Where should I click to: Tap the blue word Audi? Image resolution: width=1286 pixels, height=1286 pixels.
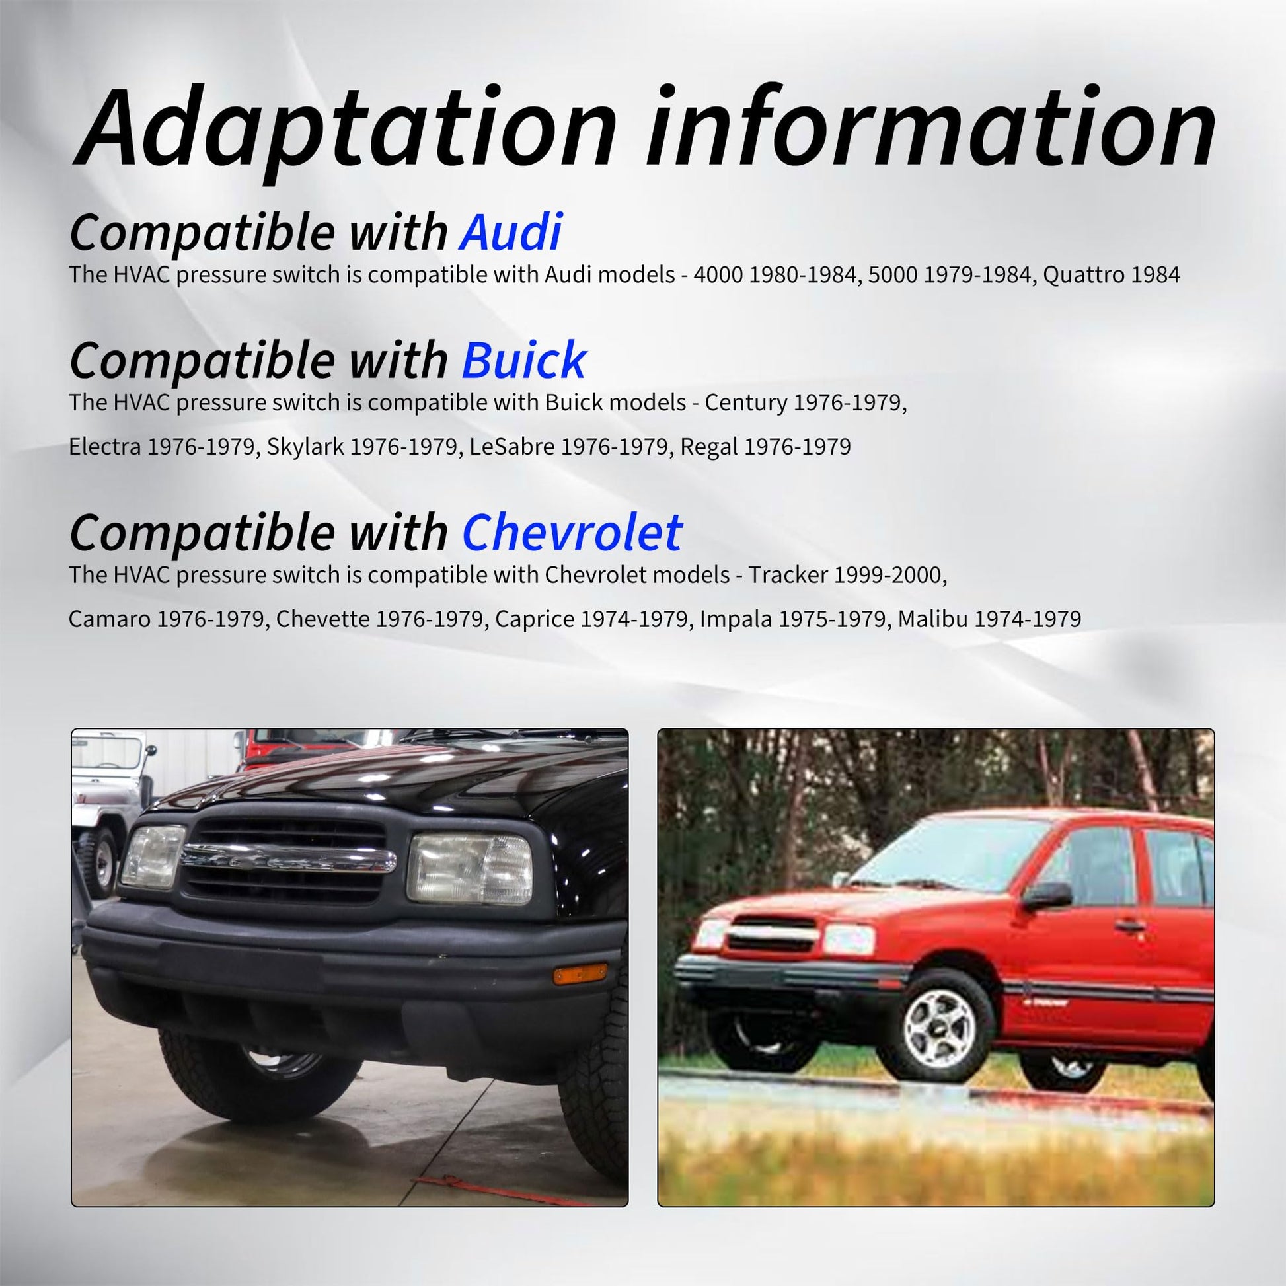tap(511, 233)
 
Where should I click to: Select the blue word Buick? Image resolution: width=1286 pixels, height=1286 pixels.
tap(524, 360)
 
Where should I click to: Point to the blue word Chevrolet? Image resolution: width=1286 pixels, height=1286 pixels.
tap(572, 533)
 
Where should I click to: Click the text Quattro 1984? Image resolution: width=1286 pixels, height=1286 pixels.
tap(1111, 275)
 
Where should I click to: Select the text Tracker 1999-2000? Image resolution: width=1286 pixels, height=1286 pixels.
tap(847, 575)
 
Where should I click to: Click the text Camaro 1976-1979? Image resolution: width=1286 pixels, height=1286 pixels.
tap(167, 619)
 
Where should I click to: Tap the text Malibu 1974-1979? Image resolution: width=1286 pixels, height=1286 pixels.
tap(989, 619)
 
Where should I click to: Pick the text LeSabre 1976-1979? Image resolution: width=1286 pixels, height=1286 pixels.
tap(568, 447)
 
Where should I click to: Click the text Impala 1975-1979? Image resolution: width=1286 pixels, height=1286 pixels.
tap(793, 619)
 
